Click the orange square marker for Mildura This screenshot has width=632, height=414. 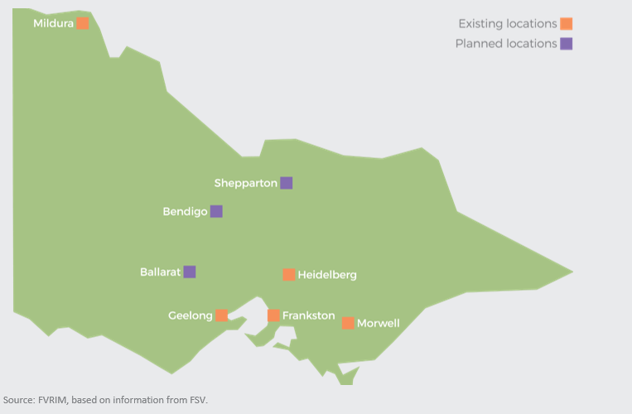coord(83,23)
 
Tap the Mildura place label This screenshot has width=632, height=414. coord(53,23)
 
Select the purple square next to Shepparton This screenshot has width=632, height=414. coord(287,183)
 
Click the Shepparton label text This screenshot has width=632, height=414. coord(245,183)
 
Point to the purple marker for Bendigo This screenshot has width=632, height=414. coord(216,211)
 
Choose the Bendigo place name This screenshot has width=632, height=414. coord(185,211)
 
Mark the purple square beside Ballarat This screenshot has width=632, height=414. coord(190,272)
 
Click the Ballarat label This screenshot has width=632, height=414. coord(160,272)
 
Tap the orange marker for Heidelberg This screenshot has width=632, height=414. coord(289,274)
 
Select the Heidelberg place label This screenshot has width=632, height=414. coord(327,275)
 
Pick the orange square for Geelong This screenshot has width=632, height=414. coord(222,315)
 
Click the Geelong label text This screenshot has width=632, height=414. coord(191,315)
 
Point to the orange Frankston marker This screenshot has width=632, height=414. coord(273,315)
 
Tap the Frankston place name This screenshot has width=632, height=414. coord(308,315)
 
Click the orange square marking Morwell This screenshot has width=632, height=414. coord(348,323)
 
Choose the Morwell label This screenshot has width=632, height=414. coord(378,323)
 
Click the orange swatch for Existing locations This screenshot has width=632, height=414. coord(567,24)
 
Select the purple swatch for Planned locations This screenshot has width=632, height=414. coord(567,44)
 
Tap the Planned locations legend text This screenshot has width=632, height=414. coord(505,44)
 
